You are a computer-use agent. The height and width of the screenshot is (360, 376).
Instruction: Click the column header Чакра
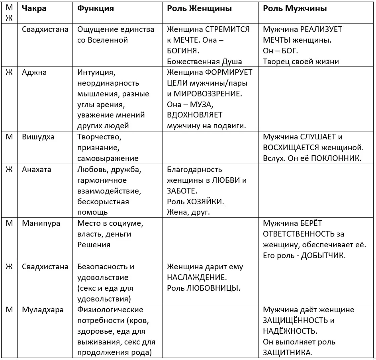coord(34,9)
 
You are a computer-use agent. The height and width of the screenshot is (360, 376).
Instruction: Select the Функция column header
coord(95,9)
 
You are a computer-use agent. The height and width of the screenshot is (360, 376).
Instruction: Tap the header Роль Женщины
coord(199,9)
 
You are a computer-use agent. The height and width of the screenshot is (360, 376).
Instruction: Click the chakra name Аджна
coord(34,72)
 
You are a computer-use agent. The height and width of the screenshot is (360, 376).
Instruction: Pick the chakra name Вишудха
coord(38,137)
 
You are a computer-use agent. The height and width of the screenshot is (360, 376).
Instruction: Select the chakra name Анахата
coord(37,170)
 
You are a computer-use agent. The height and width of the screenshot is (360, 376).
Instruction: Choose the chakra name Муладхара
coord(43,310)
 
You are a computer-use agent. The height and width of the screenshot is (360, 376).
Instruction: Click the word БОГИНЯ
coord(183,51)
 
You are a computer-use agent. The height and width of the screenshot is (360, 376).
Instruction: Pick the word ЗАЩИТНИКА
coord(288,352)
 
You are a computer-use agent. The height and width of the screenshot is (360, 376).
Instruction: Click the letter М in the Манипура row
coord(9,223)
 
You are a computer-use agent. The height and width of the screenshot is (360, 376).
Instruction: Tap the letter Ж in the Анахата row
coord(9,170)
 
